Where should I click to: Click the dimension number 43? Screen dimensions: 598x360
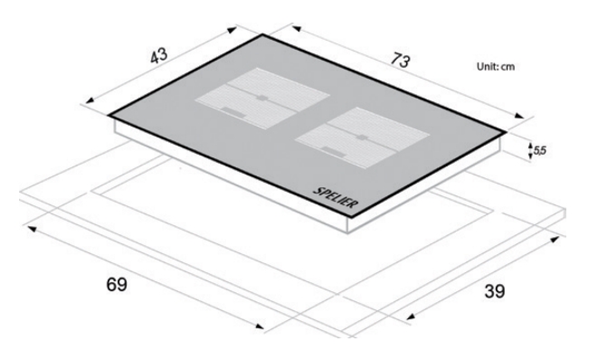coord(158,56)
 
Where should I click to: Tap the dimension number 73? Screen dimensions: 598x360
coord(400,61)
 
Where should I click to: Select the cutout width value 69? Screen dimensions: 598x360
coord(117,285)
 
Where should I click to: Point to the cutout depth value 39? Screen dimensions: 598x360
coord(495,291)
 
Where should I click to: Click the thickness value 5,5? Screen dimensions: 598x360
coord(539,151)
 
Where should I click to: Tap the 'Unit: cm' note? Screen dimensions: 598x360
coord(496,66)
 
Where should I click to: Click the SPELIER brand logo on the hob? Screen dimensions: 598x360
coord(336,197)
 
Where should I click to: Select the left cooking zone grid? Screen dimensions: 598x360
coord(262,99)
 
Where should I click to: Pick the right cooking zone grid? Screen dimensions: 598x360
coord(363,137)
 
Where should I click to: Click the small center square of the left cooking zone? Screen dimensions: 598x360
coord(262,98)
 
